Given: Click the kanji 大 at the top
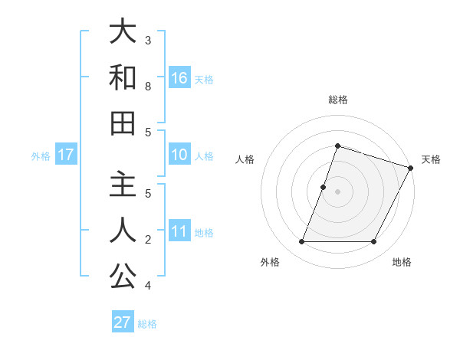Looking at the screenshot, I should (x=123, y=32).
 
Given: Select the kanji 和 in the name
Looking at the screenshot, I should (x=123, y=78).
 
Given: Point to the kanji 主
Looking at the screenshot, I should (x=123, y=183).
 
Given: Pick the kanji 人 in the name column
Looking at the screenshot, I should (x=123, y=230).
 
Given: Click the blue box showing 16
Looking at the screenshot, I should (x=179, y=77).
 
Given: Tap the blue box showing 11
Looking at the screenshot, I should (x=179, y=231).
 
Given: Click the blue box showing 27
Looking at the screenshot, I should (x=123, y=322).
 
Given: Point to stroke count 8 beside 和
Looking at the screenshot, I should (x=149, y=87).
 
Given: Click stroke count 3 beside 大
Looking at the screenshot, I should (x=149, y=40).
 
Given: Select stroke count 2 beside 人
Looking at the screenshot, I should (x=149, y=240).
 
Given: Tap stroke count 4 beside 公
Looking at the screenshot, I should (x=149, y=286).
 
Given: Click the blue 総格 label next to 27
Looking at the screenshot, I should (x=147, y=324).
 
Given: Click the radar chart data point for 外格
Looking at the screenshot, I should (x=301, y=242).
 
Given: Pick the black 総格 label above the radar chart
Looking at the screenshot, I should (x=337, y=100).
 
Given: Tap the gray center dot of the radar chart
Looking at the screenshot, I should (x=337, y=191).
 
